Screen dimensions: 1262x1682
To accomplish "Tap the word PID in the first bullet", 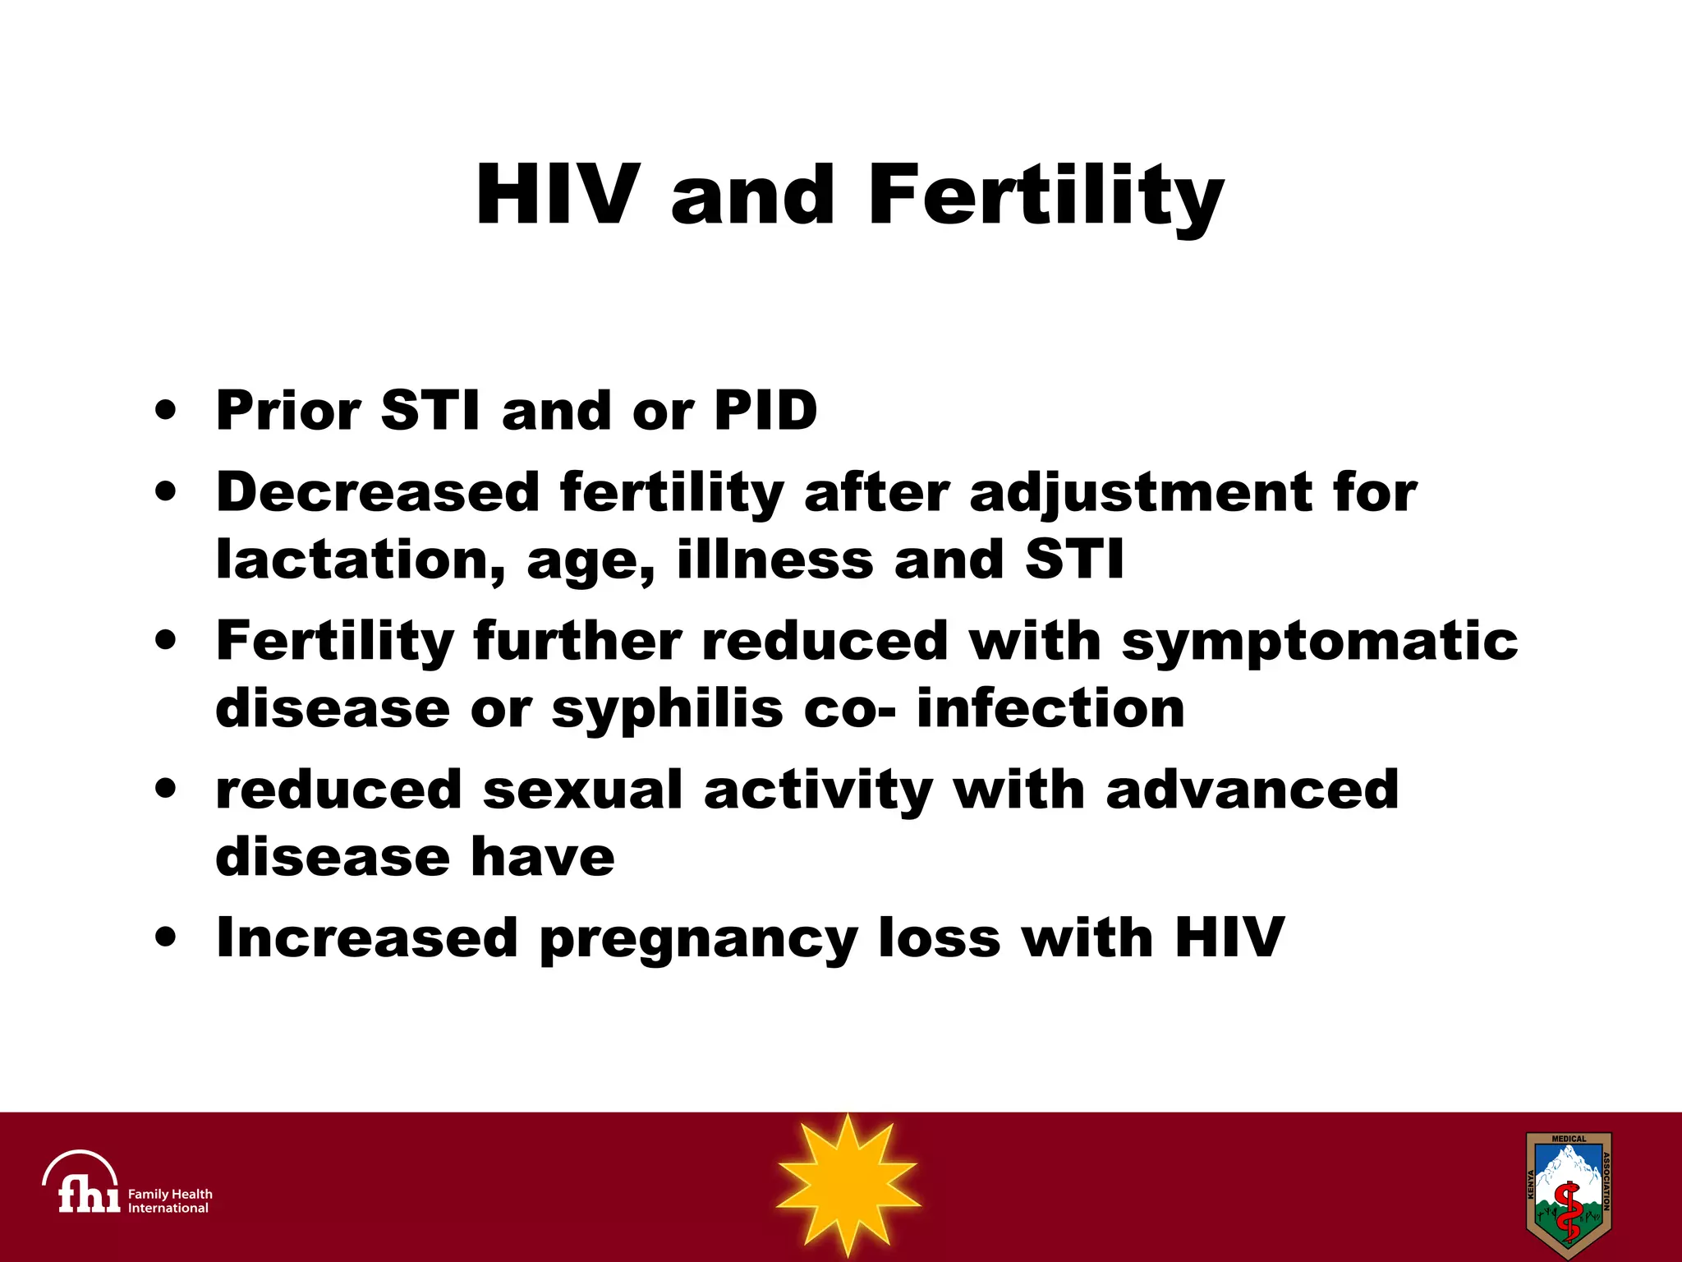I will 765,410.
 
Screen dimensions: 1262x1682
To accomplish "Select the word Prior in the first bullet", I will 287,410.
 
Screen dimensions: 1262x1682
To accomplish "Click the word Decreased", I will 378,492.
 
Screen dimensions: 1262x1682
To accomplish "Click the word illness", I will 774,560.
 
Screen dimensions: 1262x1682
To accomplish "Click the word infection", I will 1050,708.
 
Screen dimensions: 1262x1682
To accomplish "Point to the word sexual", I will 582,790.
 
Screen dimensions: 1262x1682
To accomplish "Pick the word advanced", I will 1252,790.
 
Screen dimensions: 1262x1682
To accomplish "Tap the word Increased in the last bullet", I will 366,937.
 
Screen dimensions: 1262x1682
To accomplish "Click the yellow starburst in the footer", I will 847,1185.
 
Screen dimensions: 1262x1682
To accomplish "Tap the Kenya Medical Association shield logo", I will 1568,1195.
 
